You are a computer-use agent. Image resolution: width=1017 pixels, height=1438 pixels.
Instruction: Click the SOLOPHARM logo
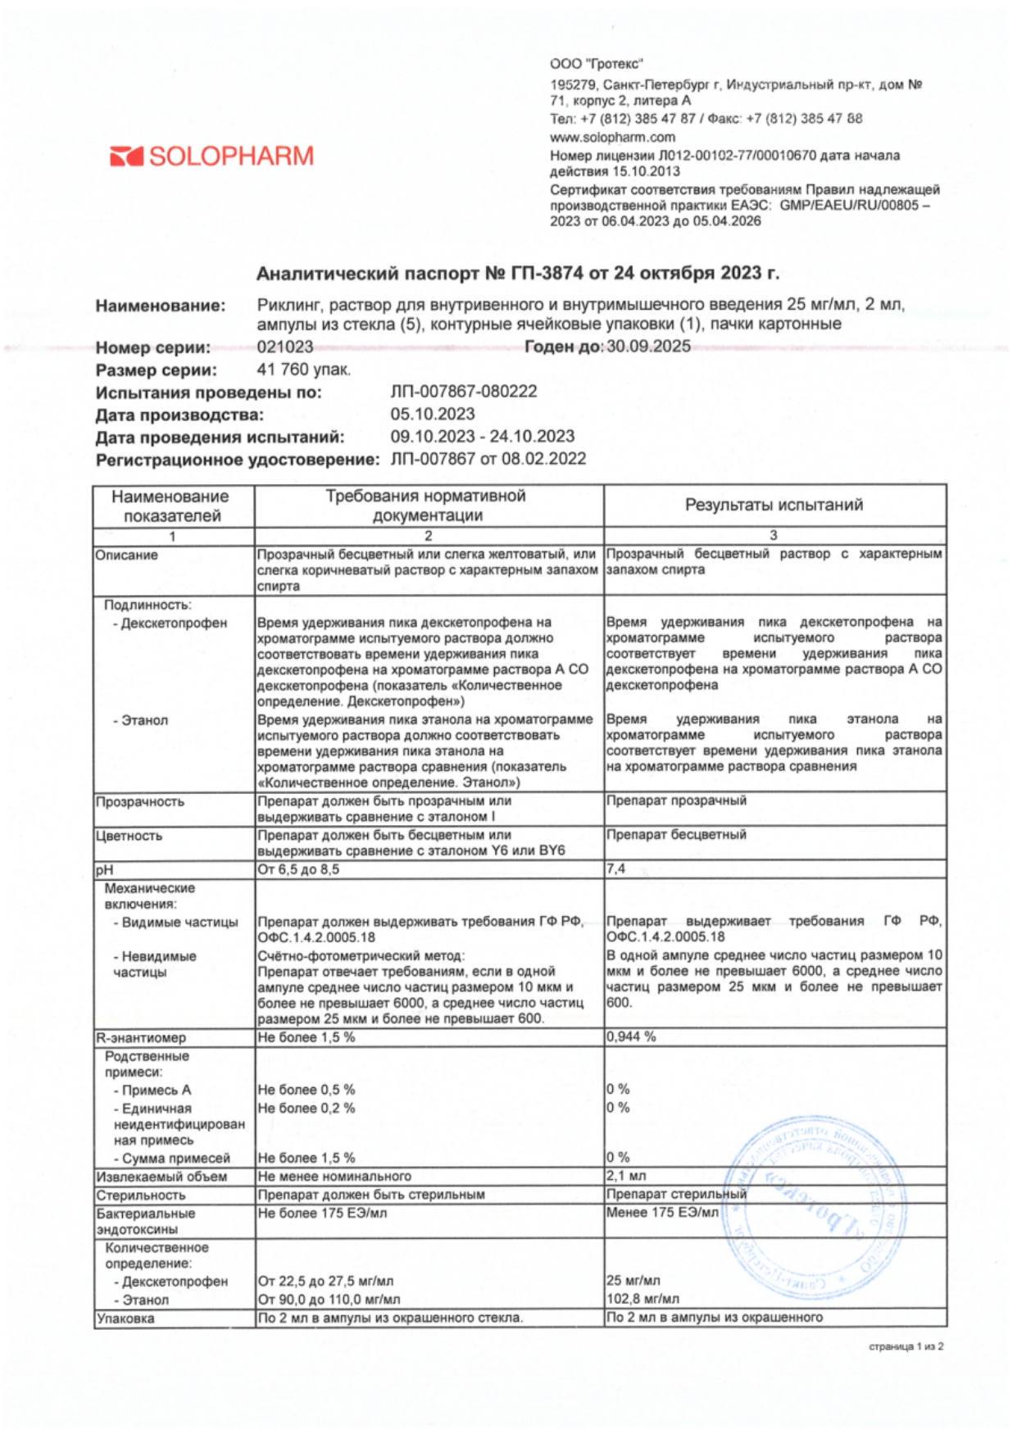(211, 156)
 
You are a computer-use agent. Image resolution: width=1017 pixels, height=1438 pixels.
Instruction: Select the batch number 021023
(284, 347)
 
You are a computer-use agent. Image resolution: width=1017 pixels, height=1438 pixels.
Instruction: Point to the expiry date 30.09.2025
(648, 346)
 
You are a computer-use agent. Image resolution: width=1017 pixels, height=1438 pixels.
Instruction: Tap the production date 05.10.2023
(432, 414)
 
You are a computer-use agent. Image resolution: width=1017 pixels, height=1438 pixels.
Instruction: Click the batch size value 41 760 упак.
(303, 370)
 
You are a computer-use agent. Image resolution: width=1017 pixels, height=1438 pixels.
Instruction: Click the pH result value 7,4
(615, 869)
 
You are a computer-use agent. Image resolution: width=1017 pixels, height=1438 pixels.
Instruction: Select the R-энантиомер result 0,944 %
(631, 1037)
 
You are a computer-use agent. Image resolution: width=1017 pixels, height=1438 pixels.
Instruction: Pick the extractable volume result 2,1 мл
(626, 1176)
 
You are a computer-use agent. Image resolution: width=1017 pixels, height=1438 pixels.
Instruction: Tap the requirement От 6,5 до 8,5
(298, 869)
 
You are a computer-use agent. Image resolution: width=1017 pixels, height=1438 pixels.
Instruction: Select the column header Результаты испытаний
(774, 505)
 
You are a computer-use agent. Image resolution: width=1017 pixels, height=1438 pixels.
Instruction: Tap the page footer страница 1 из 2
(906, 1346)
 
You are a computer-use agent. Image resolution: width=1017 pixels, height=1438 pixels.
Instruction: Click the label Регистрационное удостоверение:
(238, 460)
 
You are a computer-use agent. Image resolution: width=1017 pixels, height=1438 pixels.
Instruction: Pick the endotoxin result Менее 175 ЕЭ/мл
(662, 1213)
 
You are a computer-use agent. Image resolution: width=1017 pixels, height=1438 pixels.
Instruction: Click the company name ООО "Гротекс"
(596, 64)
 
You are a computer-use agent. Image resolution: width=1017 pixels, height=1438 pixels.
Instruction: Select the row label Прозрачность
(139, 801)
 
